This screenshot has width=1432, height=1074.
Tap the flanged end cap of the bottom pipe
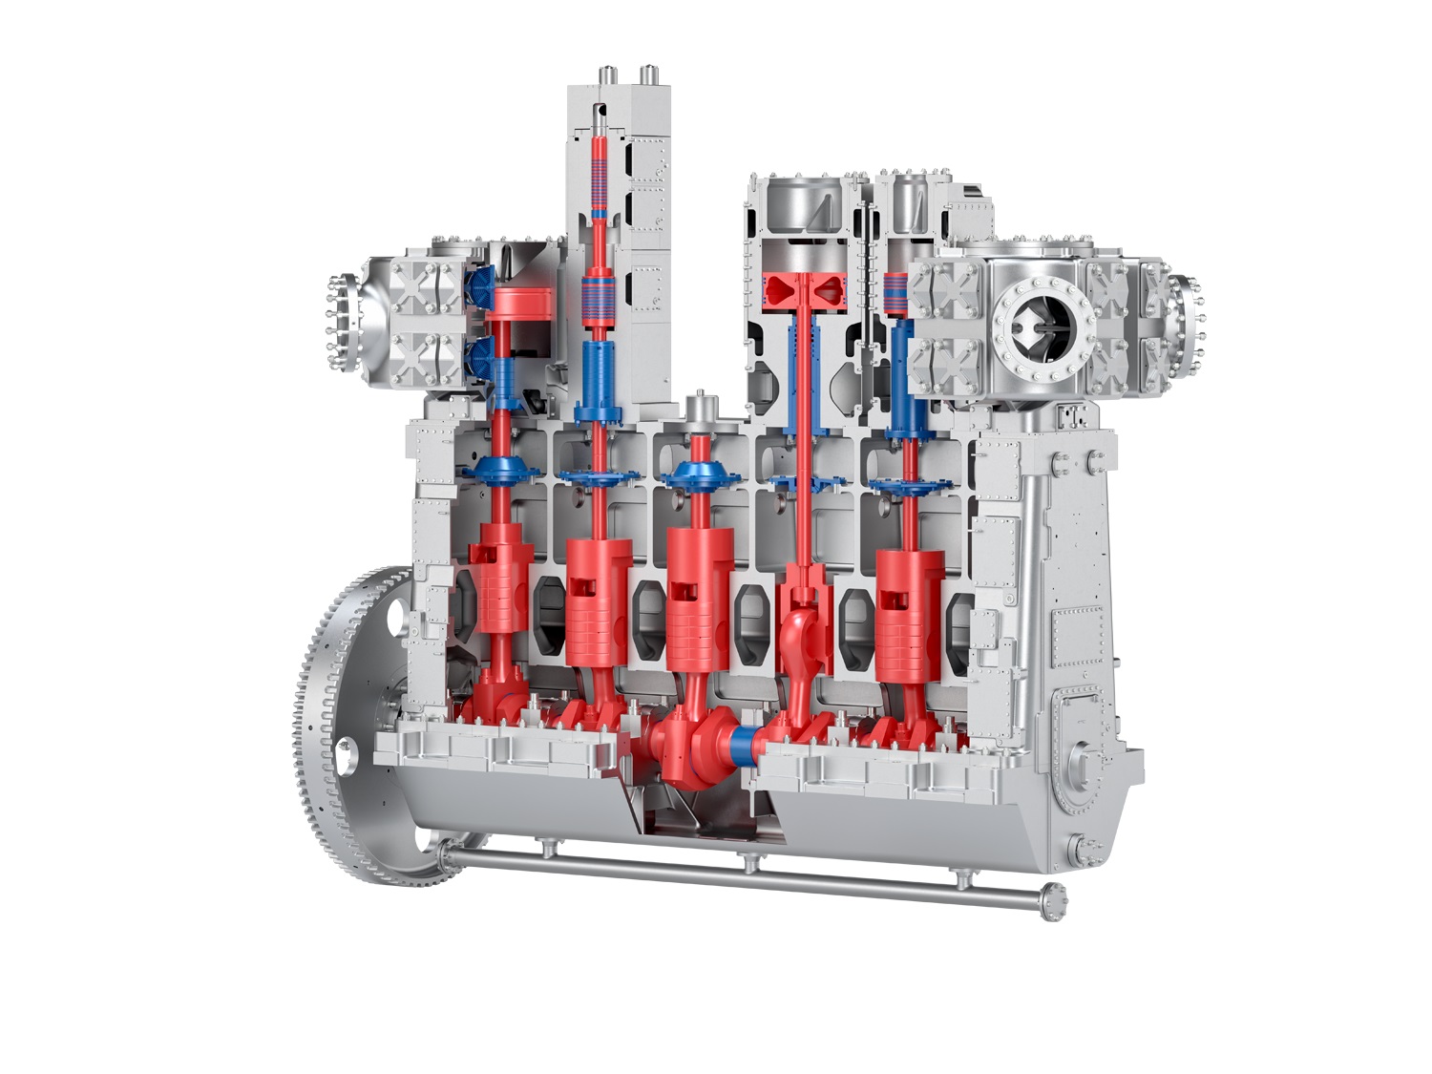1054,901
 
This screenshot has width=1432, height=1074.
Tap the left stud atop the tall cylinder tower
605,74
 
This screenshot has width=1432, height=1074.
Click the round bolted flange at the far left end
336,325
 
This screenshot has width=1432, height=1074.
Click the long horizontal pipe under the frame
745,874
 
